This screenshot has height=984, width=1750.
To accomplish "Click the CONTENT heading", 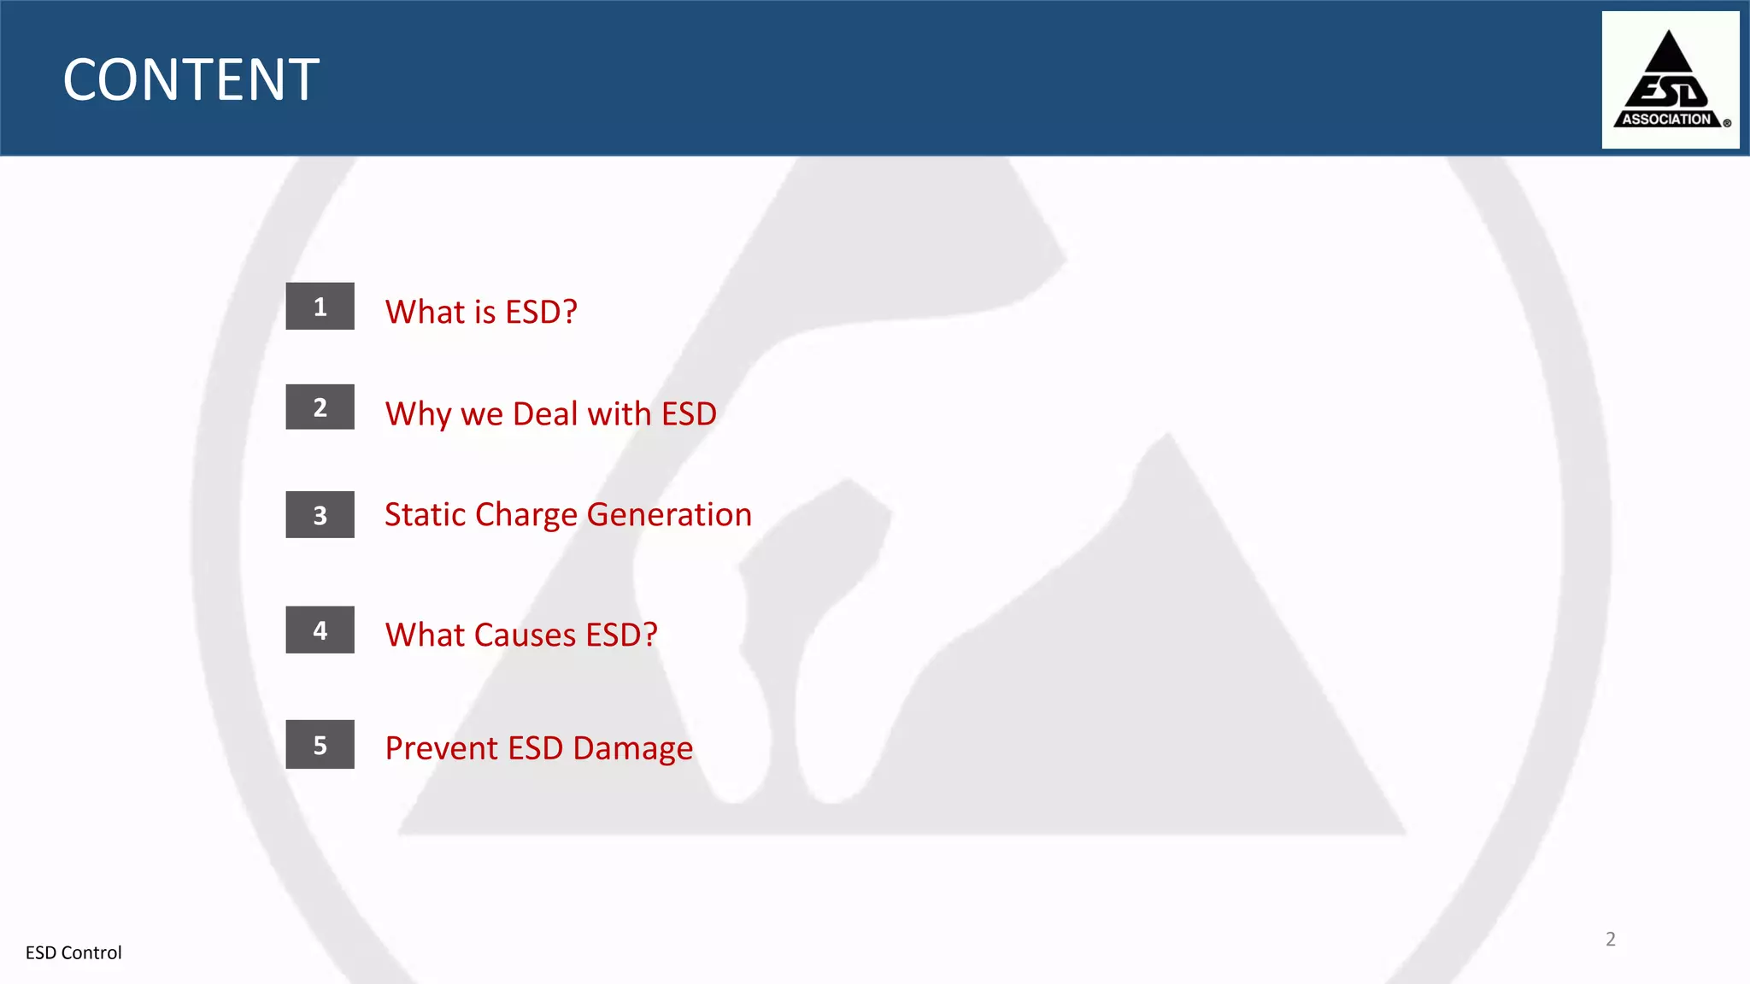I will [x=191, y=80].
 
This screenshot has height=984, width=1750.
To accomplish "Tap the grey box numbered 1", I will [x=320, y=306].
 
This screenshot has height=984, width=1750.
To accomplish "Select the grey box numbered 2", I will [x=320, y=407].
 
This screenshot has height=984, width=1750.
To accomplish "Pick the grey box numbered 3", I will [x=320, y=514].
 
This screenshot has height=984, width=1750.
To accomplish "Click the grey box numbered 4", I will [x=320, y=630].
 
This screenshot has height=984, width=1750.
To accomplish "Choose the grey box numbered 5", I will [x=320, y=745].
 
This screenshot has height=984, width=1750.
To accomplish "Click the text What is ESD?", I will [x=481, y=312].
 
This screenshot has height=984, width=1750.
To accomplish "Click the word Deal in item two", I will [x=545, y=413].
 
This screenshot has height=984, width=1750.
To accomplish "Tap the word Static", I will [x=425, y=514].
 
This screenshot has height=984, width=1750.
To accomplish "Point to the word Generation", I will [x=669, y=514].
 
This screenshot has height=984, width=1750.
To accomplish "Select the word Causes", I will [x=525, y=635].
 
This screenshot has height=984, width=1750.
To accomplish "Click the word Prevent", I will [x=441, y=748].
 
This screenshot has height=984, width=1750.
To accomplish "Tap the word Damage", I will [x=632, y=748].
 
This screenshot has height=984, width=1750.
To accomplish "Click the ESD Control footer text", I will [x=73, y=952].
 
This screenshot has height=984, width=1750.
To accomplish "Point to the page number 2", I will [x=1610, y=939].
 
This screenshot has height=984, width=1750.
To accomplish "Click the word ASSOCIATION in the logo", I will [x=1666, y=120].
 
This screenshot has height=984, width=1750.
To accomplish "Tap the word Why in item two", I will [x=418, y=414].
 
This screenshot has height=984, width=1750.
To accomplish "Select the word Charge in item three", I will [x=526, y=515].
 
